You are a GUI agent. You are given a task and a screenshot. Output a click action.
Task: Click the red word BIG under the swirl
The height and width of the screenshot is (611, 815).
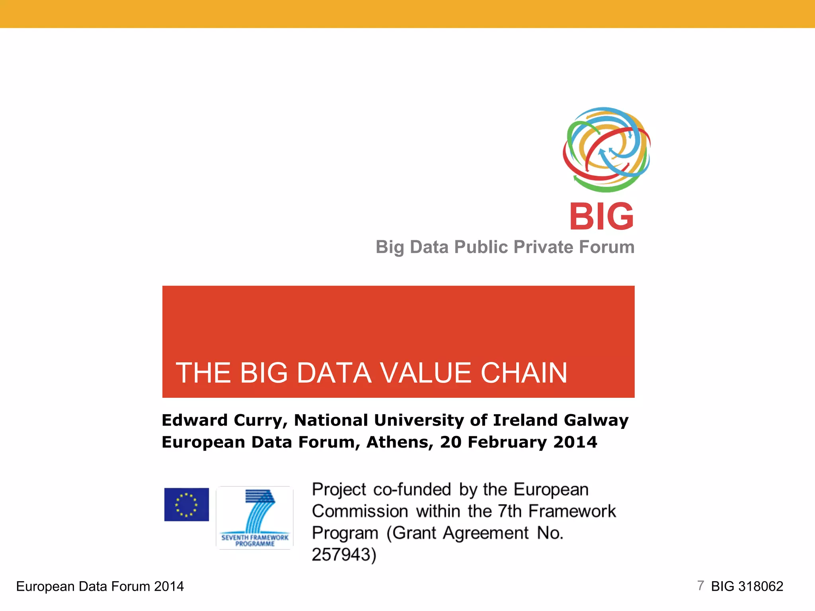click(x=601, y=217)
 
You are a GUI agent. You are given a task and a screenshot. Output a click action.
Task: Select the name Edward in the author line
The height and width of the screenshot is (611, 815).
click(x=194, y=420)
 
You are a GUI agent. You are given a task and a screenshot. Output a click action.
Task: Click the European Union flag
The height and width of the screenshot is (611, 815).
click(x=186, y=504)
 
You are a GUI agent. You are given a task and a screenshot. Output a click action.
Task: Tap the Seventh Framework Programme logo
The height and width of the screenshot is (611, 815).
click(x=255, y=518)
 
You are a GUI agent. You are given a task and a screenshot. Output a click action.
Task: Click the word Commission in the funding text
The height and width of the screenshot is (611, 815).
click(x=360, y=512)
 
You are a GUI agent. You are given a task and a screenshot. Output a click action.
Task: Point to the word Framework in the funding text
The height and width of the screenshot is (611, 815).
click(x=572, y=512)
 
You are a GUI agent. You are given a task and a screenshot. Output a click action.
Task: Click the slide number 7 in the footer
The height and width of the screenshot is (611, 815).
click(x=700, y=586)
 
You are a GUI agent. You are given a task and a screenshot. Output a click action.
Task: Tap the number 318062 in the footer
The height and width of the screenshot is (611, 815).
click(x=760, y=586)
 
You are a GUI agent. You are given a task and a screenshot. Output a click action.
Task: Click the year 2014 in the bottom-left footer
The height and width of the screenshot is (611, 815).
click(x=169, y=586)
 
